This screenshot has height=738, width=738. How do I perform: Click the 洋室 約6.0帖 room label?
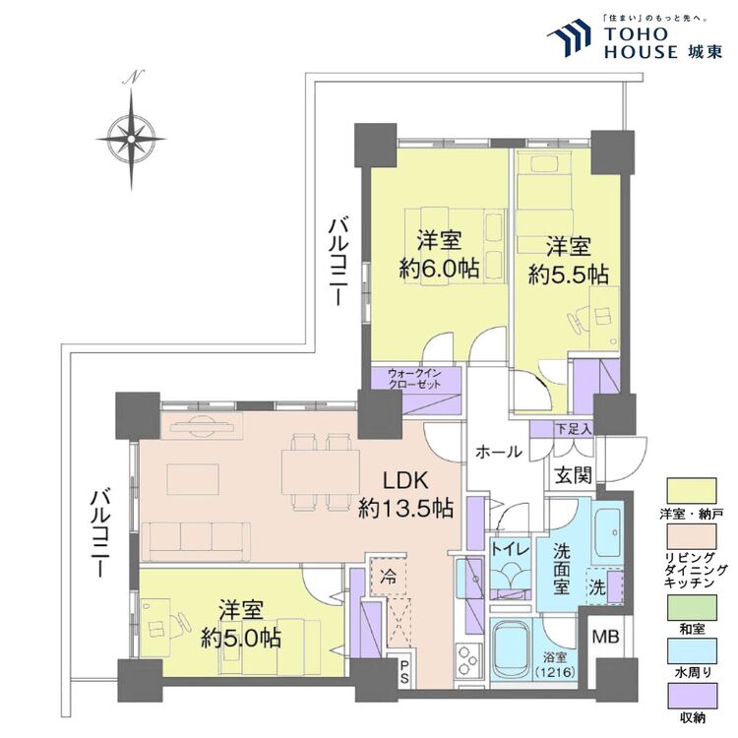[x=439, y=254]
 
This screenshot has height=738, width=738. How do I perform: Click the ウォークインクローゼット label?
[x=414, y=380]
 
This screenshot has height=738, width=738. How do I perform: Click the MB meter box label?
[x=607, y=636]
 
